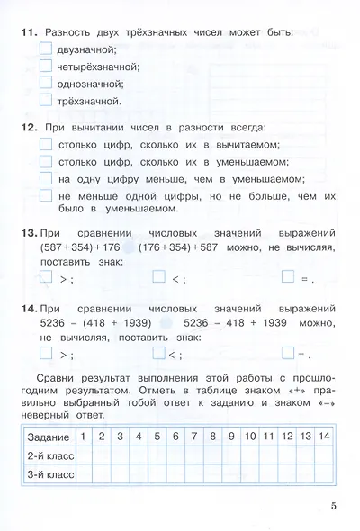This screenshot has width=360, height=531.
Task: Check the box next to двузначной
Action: (47, 49)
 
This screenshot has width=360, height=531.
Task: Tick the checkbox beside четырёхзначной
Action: (47, 66)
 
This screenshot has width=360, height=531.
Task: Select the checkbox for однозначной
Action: (47, 83)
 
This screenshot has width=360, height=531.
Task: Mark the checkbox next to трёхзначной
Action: (47, 100)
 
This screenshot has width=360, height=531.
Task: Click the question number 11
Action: (25, 32)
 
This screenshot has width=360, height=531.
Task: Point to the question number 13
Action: (25, 233)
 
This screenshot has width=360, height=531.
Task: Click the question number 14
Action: (25, 308)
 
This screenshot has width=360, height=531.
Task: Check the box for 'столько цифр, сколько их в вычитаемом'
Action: (47, 143)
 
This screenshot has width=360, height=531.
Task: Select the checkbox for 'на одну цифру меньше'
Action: (47, 177)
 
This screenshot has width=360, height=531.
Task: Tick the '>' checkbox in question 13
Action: (47, 278)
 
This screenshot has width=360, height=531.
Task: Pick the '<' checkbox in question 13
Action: (159, 278)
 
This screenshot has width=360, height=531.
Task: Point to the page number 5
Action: (332, 507)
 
